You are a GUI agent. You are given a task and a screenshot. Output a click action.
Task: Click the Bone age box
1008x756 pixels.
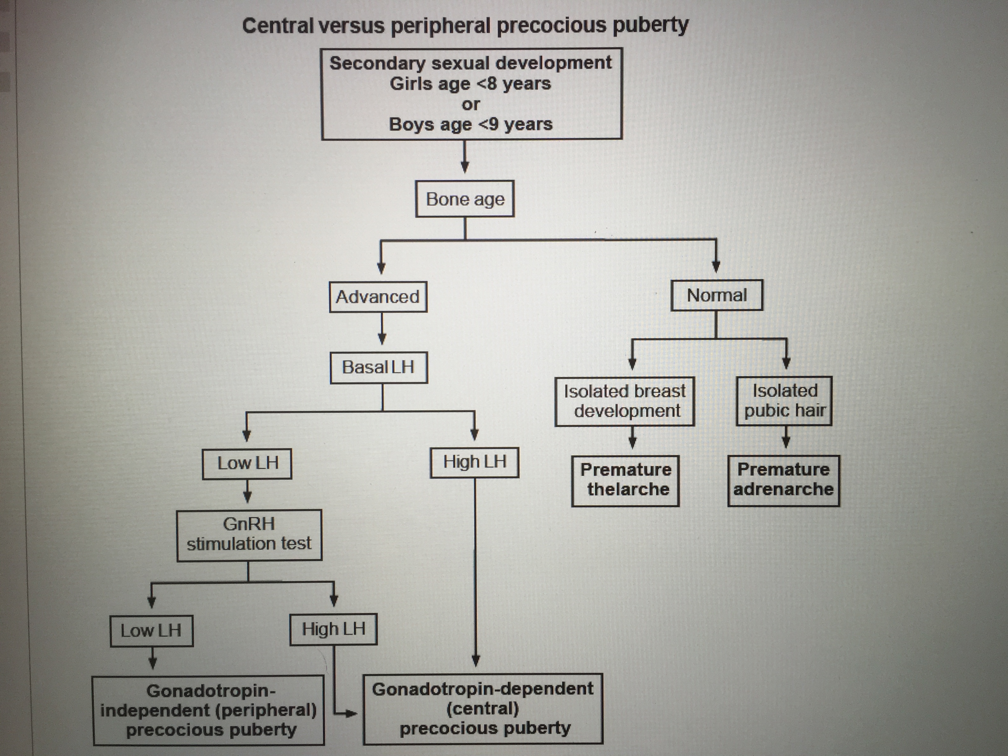tap(465, 199)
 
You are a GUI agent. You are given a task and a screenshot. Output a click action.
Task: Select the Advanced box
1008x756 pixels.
tap(378, 297)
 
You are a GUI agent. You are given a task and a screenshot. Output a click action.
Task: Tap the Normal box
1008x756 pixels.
tap(716, 295)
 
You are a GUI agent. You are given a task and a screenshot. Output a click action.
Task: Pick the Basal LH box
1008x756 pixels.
tap(378, 367)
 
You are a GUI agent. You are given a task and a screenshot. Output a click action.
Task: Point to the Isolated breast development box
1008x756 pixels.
tap(625, 401)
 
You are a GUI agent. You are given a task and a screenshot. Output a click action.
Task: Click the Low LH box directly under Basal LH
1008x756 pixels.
tap(247, 464)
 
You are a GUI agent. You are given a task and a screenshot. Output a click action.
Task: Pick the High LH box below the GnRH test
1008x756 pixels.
tap(334, 629)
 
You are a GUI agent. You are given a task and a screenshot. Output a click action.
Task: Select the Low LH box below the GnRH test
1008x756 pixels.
tap(151, 631)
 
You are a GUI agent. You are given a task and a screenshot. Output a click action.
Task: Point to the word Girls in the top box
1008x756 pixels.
tap(407, 84)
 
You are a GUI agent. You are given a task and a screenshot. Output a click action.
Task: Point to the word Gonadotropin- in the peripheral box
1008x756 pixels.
tap(211, 691)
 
